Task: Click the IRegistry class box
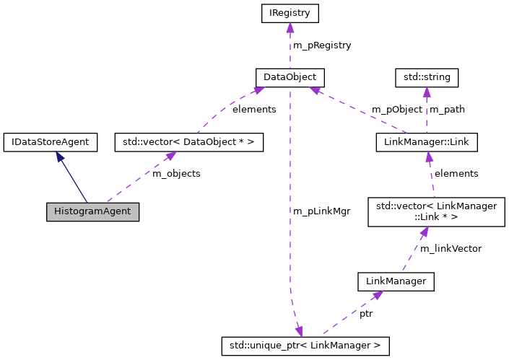(x=289, y=14)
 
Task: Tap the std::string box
(x=427, y=76)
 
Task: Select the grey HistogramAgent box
(x=92, y=212)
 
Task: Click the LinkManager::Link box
(x=427, y=142)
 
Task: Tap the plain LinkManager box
(x=396, y=281)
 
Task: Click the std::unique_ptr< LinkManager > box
(x=305, y=346)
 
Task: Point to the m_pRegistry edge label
(x=321, y=45)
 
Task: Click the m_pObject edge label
(x=396, y=110)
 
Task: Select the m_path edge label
(x=448, y=110)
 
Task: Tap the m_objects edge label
(x=176, y=174)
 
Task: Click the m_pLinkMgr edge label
(x=321, y=211)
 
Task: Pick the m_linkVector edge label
(x=451, y=248)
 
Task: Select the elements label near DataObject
(x=254, y=110)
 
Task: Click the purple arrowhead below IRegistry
(x=289, y=28)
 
